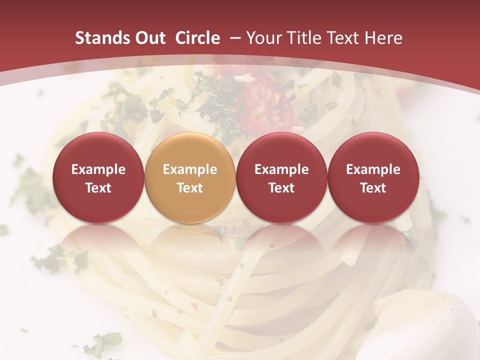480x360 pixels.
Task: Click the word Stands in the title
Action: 100,38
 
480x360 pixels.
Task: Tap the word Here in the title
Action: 385,38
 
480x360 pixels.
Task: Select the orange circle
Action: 189,178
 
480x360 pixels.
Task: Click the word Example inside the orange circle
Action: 189,169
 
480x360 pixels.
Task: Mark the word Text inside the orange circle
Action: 189,188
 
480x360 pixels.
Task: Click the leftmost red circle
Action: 98,178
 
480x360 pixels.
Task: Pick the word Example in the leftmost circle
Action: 98,169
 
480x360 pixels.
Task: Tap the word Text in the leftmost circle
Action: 98,188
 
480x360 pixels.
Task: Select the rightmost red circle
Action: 373,178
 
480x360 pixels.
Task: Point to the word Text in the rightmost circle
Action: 373,188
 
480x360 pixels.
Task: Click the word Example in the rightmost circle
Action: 373,169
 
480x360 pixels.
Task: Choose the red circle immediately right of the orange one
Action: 281,178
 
